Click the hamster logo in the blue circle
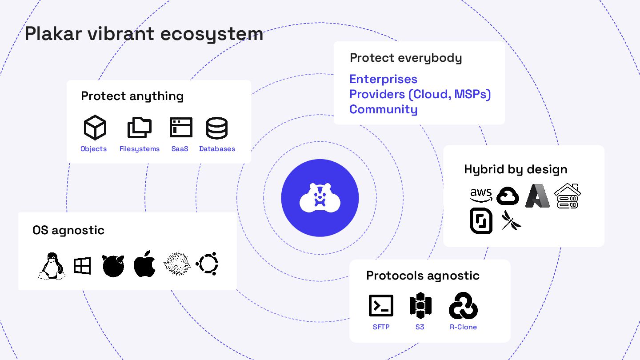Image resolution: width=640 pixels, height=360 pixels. pyautogui.click(x=320, y=198)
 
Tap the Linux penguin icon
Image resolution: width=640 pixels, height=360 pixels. pyautogui.click(x=52, y=266)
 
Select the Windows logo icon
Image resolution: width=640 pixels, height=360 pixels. pyautogui.click(x=82, y=266)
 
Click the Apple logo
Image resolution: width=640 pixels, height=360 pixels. pyautogui.click(x=144, y=264)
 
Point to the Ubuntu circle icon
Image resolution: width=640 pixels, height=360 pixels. pyautogui.click(x=207, y=264)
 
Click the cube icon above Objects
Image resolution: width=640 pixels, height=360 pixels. pyautogui.click(x=95, y=128)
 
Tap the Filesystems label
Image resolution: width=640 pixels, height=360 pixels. pyautogui.click(x=139, y=149)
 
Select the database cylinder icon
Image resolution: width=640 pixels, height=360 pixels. pyautogui.click(x=217, y=128)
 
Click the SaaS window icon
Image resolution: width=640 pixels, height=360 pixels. pyautogui.click(x=181, y=128)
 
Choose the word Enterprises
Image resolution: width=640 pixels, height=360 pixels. pyautogui.click(x=383, y=79)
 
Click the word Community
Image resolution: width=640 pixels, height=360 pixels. pyautogui.click(x=383, y=109)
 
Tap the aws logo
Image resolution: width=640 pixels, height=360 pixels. pyautogui.click(x=481, y=194)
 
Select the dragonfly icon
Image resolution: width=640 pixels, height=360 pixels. pyautogui.click(x=511, y=220)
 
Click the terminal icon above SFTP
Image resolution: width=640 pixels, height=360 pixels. pyautogui.click(x=381, y=306)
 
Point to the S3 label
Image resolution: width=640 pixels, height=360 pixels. pyautogui.click(x=420, y=327)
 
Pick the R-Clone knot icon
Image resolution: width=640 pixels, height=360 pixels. pyautogui.click(x=463, y=306)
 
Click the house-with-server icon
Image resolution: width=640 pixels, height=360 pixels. pyautogui.click(x=568, y=196)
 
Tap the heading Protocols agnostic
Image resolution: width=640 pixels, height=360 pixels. pyautogui.click(x=423, y=276)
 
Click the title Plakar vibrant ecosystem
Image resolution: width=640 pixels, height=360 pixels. pyautogui.click(x=144, y=34)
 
